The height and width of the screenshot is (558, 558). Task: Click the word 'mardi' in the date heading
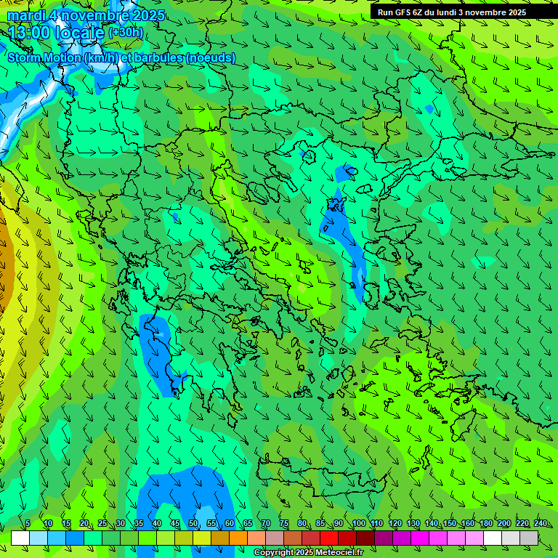point(25,15)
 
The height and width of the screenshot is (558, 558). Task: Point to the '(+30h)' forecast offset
point(126,33)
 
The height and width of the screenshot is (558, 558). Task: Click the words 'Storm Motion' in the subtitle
point(44,57)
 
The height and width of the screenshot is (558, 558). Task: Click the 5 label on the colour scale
point(28,524)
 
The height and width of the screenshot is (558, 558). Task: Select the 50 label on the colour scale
point(193,524)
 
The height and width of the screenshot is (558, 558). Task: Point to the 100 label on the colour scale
point(358,524)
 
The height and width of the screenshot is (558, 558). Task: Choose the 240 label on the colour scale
point(541,524)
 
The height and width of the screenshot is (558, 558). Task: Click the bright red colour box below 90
point(329,538)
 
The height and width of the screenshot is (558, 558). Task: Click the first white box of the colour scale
point(20,538)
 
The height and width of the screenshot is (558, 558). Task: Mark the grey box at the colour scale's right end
point(529,538)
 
